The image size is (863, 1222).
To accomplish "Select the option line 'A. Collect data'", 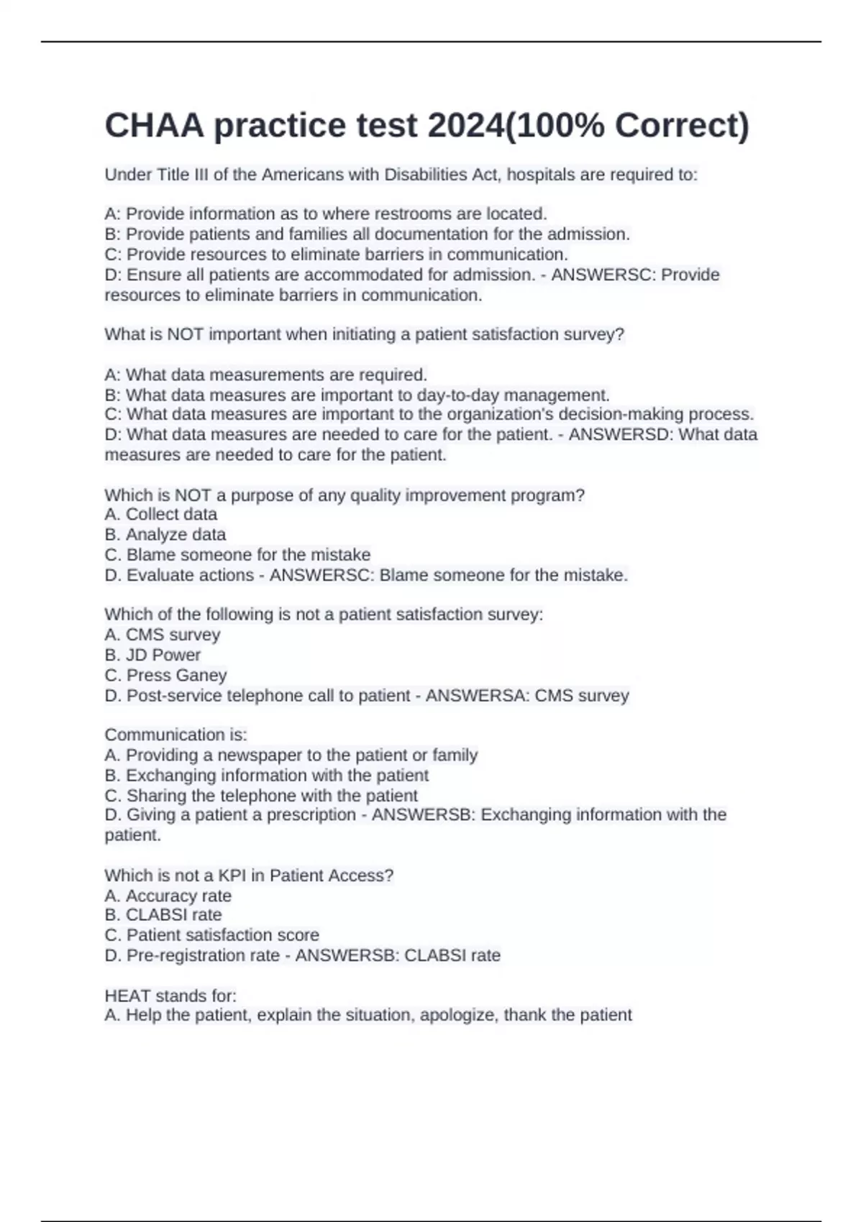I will (160, 515).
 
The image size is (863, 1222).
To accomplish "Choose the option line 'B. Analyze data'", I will (165, 535).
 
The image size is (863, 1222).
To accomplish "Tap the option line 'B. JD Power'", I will (152, 655).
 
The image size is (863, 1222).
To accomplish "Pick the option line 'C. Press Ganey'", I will (165, 676).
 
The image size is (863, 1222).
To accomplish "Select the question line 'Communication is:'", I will (175, 735).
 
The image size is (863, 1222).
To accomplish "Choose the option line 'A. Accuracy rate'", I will (168, 896).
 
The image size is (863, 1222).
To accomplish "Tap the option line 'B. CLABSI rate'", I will (163, 915).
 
